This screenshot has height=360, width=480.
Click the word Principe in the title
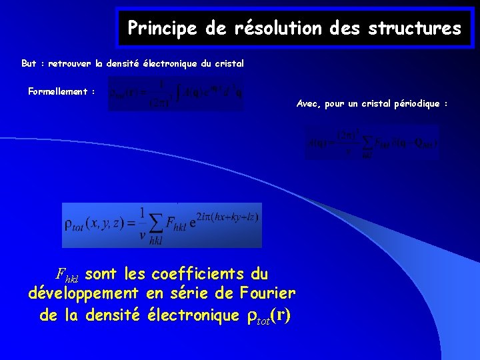point(159,29)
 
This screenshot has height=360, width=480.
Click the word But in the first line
point(29,64)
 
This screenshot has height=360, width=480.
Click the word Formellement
point(58,91)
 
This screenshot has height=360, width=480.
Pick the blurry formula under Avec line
point(372,141)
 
